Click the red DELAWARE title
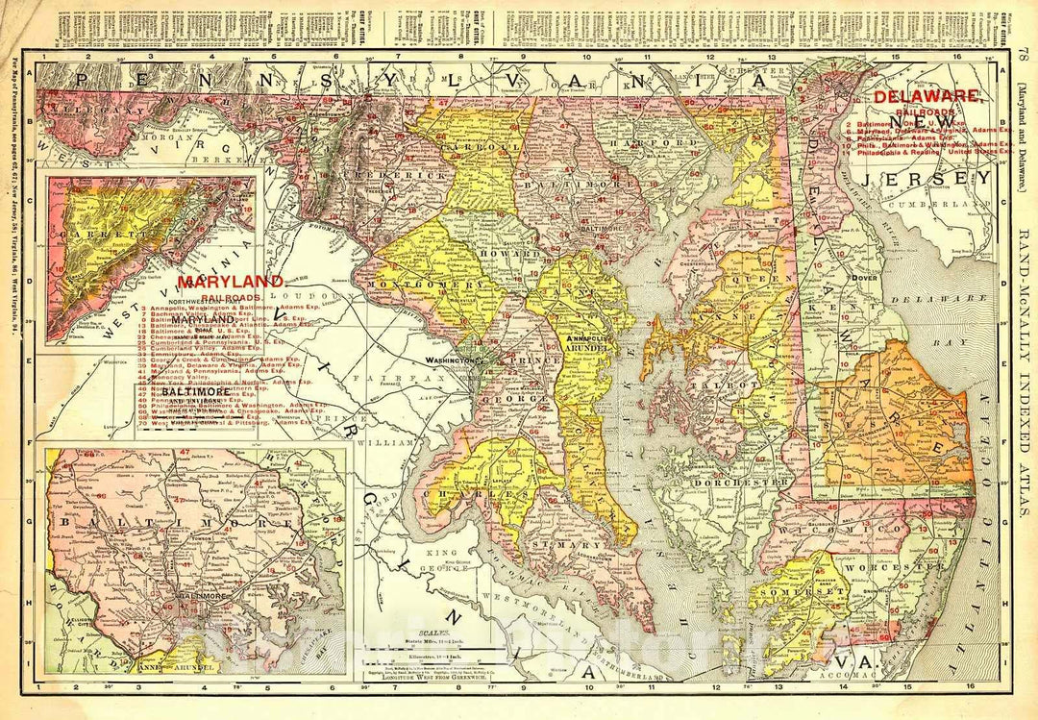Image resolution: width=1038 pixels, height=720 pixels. click(x=927, y=96)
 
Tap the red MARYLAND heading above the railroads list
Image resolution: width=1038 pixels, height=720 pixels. click(x=231, y=281)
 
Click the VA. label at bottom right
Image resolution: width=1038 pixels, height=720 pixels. click(x=849, y=663)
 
